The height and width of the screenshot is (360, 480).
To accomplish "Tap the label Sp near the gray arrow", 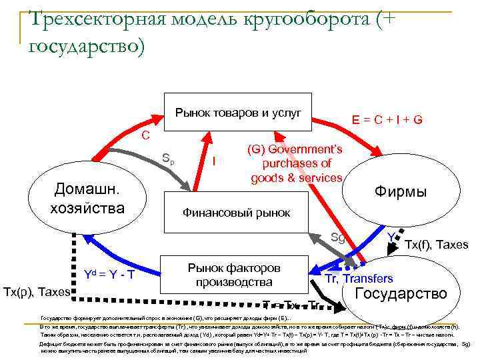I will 169,159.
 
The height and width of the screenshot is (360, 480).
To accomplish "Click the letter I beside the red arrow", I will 213,161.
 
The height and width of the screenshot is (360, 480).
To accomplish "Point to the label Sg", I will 338,236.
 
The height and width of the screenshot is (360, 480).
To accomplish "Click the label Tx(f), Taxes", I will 437,245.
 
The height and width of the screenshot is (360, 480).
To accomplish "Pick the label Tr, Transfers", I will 359,279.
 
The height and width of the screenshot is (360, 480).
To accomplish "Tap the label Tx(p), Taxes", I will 37,292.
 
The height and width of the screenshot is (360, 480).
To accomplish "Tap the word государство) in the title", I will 87,47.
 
